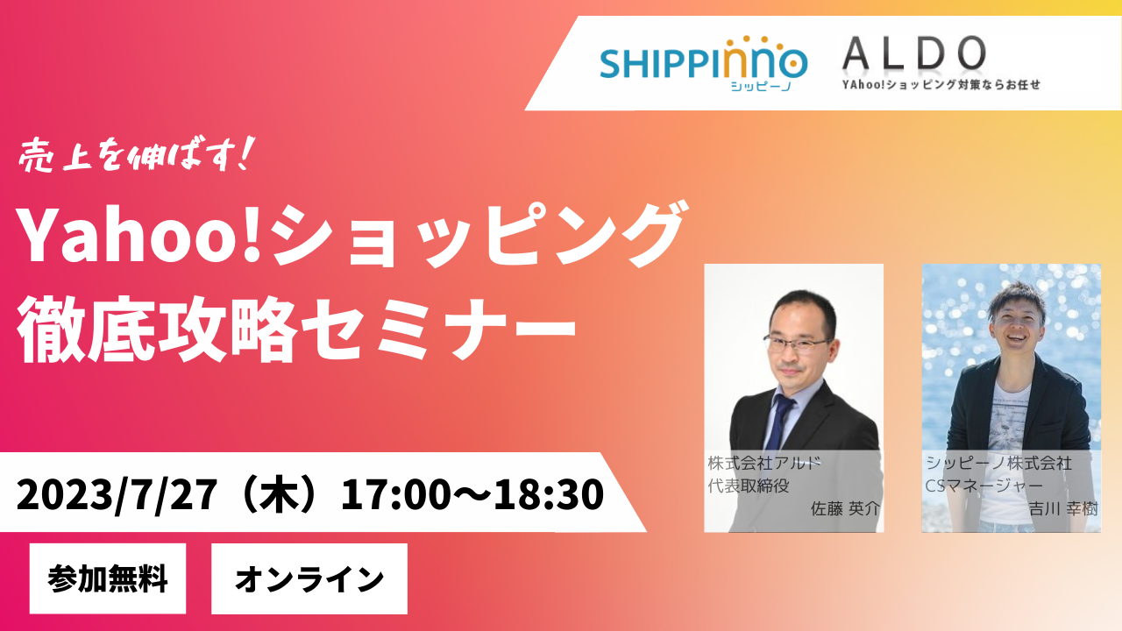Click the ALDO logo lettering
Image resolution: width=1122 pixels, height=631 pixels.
[914, 53]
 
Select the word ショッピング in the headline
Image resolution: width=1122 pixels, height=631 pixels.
[479, 233]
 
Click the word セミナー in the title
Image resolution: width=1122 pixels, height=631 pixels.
[439, 329]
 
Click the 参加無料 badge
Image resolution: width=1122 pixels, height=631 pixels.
[108, 578]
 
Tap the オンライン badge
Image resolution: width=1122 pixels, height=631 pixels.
[309, 578]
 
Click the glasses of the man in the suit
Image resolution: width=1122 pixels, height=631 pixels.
[797, 344]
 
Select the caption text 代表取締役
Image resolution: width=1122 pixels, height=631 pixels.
[749, 486]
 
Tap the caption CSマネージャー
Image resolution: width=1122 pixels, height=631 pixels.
[984, 486]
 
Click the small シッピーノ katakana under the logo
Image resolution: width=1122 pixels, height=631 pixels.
[761, 87]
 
